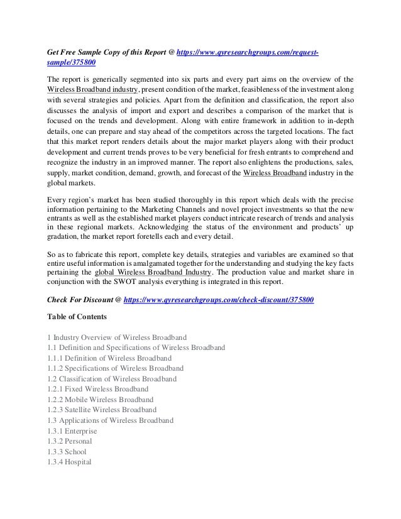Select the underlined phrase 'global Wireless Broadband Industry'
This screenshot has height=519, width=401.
153,273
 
